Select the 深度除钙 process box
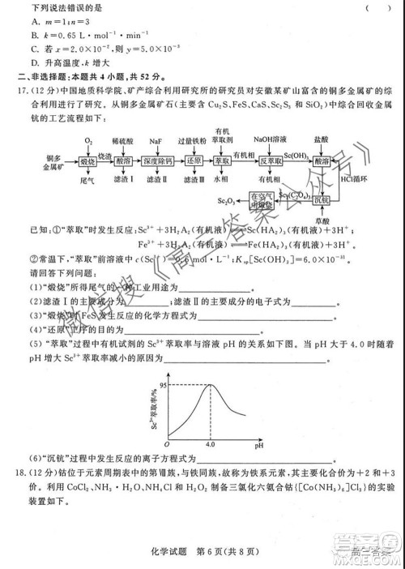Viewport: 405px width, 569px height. click(x=160, y=161)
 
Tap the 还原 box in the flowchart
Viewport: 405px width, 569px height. click(x=193, y=161)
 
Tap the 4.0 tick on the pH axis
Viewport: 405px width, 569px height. click(x=210, y=446)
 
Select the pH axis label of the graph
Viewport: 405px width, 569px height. click(x=260, y=445)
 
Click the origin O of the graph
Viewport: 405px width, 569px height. click(x=167, y=445)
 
